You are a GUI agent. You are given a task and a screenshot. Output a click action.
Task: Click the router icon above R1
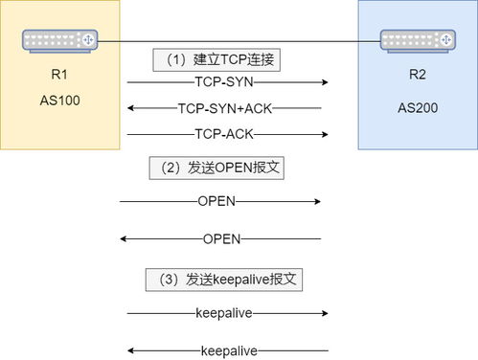click(x=60, y=40)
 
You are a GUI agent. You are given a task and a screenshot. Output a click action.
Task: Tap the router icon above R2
click(x=418, y=40)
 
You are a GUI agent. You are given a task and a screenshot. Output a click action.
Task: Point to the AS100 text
click(x=60, y=100)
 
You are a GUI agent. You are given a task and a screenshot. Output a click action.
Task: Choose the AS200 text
click(x=418, y=107)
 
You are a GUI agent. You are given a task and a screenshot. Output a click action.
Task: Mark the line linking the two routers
click(x=239, y=41)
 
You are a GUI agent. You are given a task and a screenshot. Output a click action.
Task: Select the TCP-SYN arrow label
click(x=224, y=83)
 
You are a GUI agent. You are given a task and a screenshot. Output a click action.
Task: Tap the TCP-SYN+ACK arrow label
click(x=223, y=108)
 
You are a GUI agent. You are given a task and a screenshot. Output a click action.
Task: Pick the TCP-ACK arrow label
click(x=224, y=133)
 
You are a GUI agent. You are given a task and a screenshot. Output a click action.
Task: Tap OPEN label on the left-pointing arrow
click(x=222, y=238)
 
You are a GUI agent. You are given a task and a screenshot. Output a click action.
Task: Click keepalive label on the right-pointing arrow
click(x=223, y=313)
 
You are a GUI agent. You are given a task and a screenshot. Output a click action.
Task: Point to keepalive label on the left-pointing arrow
click(x=229, y=350)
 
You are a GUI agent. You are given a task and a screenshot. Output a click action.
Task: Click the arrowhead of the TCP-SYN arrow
click(x=326, y=83)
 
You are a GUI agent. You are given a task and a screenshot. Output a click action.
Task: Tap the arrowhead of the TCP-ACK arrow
click(x=326, y=133)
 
